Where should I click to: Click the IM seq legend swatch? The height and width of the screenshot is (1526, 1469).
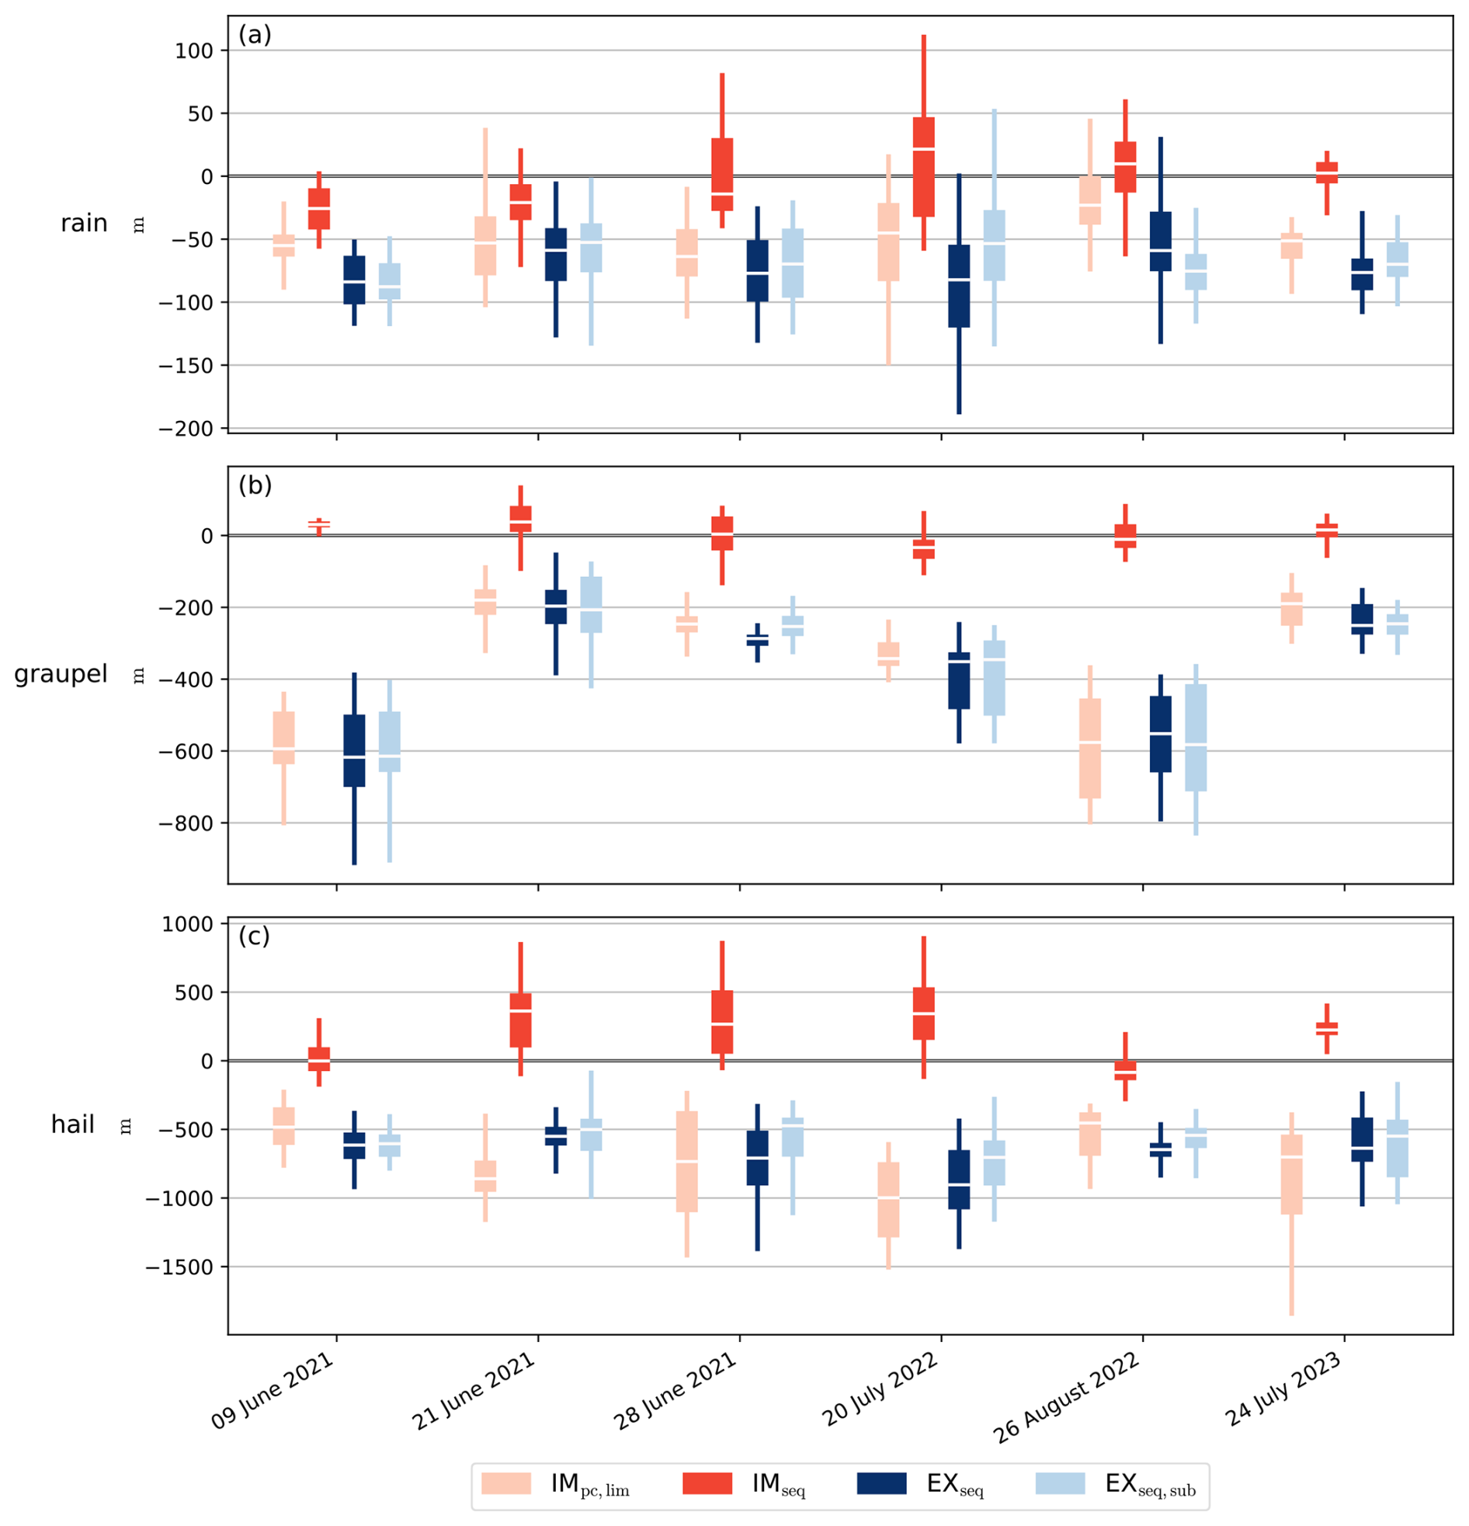point(707,1483)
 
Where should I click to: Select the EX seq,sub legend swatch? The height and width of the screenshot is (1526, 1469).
point(1060,1483)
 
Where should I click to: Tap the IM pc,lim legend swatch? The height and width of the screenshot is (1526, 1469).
point(506,1483)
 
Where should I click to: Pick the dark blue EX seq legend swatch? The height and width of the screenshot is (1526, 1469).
point(881,1483)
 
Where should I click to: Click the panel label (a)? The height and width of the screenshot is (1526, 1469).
point(255,35)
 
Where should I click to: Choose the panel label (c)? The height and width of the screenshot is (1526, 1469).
point(255,936)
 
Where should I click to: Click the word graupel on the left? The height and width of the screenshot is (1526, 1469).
point(61,674)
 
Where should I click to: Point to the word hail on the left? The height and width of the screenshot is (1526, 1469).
point(72,1125)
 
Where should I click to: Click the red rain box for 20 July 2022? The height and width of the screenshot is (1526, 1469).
point(924,167)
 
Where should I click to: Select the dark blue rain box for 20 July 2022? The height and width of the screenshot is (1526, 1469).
point(959,286)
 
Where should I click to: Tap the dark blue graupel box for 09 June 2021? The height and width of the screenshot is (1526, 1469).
point(354,750)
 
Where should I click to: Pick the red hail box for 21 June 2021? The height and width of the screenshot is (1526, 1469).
point(521,1020)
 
